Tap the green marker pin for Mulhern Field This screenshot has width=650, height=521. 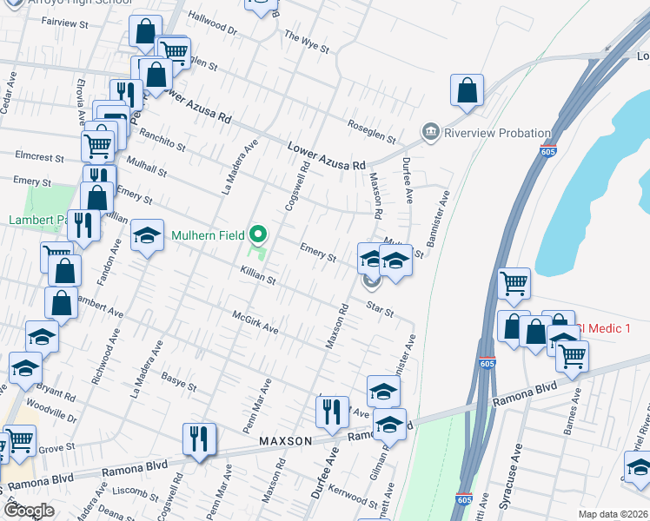[x=258, y=234]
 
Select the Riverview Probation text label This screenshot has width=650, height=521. [x=497, y=133]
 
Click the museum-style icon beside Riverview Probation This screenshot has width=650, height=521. [x=430, y=133]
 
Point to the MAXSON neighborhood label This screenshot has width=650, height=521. [x=285, y=442]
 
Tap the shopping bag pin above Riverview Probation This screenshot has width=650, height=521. [x=467, y=91]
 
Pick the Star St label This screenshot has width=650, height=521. [x=380, y=308]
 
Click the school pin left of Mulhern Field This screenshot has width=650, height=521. [x=147, y=235]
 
